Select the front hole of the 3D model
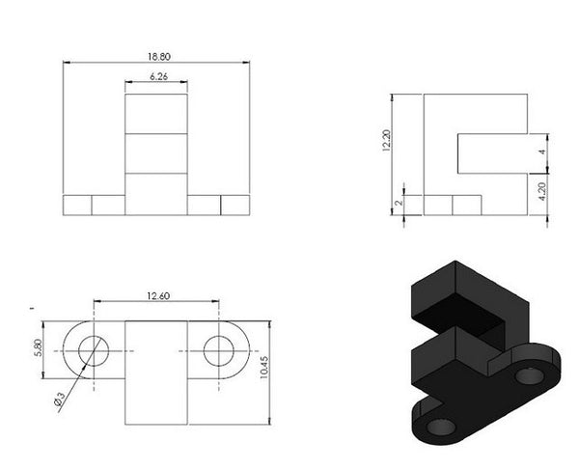439,425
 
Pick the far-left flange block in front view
77,205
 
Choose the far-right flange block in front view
234,205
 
